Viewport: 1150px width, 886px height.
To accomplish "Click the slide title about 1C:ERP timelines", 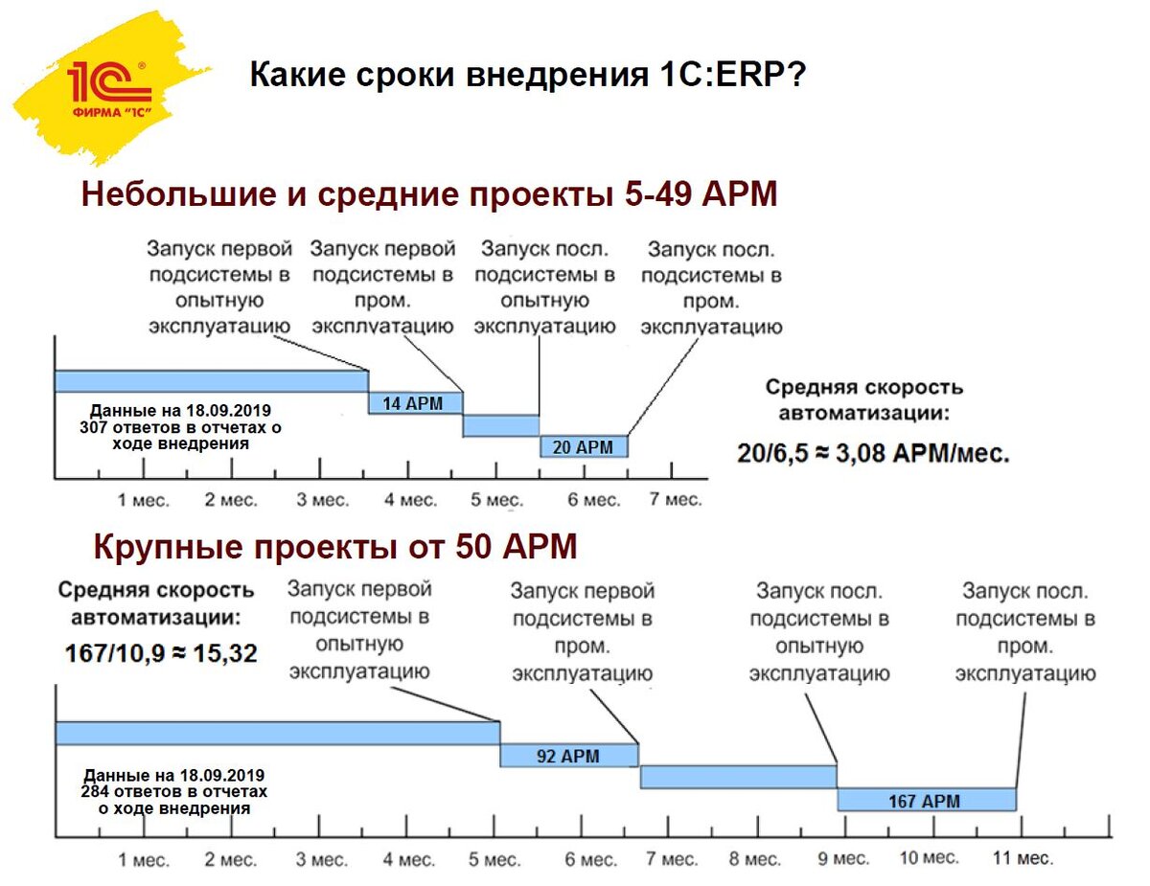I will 527,76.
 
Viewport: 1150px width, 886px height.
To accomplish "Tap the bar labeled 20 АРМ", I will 583,446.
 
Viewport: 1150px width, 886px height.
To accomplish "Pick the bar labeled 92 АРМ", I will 568,756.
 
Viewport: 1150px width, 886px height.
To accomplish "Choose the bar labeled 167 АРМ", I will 926,800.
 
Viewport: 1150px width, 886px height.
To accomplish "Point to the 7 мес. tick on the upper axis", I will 676,500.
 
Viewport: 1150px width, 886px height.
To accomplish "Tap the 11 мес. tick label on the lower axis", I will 1022,857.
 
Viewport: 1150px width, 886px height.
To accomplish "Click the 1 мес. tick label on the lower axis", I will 143,859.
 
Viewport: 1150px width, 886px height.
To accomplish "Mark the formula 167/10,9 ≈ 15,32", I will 161,653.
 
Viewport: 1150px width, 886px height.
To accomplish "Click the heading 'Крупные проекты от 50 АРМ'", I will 335,547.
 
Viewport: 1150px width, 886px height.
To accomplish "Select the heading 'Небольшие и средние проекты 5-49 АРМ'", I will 428,193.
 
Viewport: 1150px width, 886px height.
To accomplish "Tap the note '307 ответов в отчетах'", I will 181,426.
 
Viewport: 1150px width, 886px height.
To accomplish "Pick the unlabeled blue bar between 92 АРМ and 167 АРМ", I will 738,777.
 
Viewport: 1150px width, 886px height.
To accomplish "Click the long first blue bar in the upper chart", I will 211,381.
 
